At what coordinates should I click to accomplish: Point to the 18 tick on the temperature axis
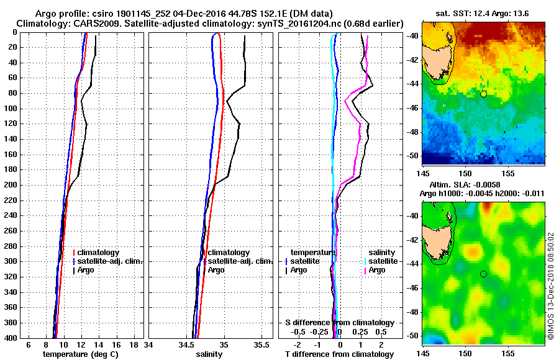pyautogui.click(x=133, y=344)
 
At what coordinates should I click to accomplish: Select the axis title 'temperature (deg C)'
pyautogui.click(x=80, y=354)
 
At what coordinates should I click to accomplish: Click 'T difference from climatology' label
pyautogui.click(x=339, y=354)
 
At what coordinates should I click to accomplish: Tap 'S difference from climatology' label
pyautogui.click(x=339, y=323)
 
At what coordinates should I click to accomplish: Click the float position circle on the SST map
pyautogui.click(x=483, y=94)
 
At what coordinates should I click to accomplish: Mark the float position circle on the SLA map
pyautogui.click(x=483, y=274)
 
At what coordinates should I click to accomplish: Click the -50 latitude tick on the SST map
pyautogui.click(x=410, y=155)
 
